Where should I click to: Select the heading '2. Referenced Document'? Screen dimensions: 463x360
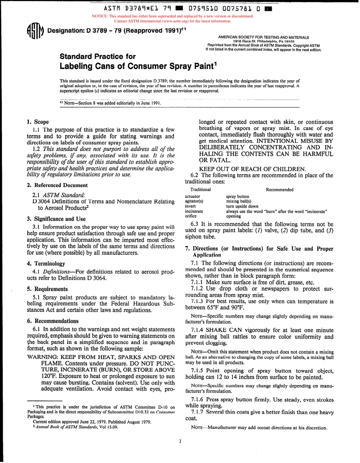click(x=57, y=185)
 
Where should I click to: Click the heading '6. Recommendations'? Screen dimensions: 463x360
click(x=52, y=320)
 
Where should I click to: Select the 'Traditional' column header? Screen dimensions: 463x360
click(x=200, y=190)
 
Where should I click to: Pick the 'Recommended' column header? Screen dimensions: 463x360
click(x=279, y=190)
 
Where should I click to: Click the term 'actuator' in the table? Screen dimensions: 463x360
click(x=193, y=196)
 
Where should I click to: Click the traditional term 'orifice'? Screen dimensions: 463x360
click(x=191, y=216)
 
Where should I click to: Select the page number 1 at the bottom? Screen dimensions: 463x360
click(x=180, y=440)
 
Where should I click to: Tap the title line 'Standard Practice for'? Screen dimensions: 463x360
click(x=98, y=56)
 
